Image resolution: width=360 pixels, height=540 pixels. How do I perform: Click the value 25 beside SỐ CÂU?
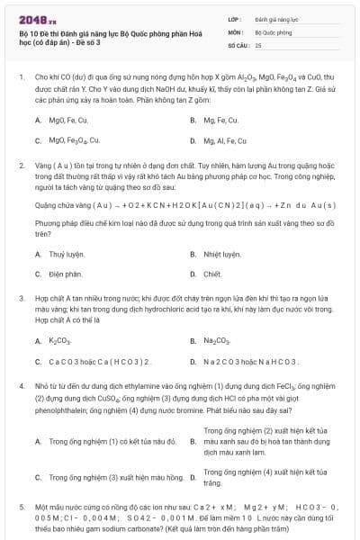[x=258, y=44]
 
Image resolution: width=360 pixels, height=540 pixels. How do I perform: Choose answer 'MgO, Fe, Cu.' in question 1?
[x=68, y=120]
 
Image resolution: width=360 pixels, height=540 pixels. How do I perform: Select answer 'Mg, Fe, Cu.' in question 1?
[x=220, y=120]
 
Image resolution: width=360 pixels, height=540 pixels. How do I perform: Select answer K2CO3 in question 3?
[x=59, y=341]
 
